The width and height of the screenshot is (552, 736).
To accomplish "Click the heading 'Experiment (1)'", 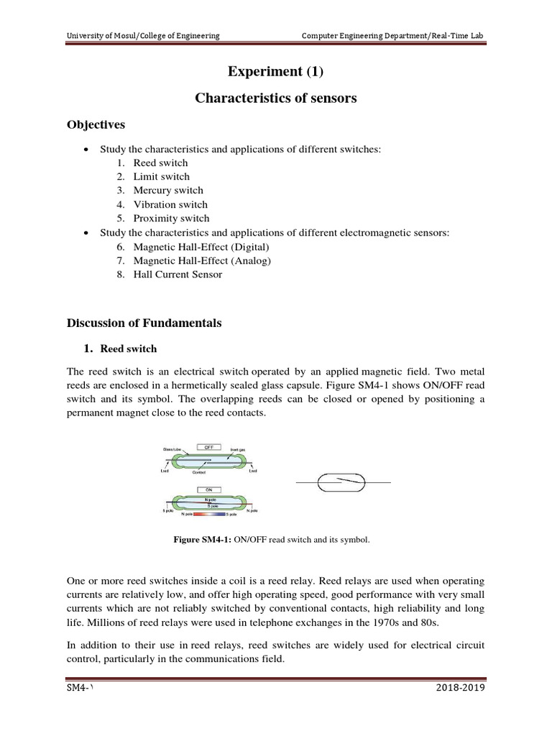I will pyautogui.click(x=275, y=71).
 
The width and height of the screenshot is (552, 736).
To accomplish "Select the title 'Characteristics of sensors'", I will pyautogui.click(x=275, y=98).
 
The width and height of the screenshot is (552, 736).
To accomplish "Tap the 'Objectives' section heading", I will pyautogui.click(x=96, y=125).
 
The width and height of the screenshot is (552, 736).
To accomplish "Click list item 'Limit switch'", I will pyautogui.click(x=161, y=177).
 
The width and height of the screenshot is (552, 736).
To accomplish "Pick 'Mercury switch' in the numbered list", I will pyautogui.click(x=168, y=190).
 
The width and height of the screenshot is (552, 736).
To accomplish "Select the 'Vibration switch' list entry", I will pyautogui.click(x=171, y=204).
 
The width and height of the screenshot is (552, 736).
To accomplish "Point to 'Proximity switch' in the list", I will pyautogui.click(x=171, y=218).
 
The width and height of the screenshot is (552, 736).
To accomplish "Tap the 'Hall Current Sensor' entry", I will pyautogui.click(x=178, y=274).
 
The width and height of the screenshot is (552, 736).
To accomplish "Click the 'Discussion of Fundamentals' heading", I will pyautogui.click(x=144, y=323).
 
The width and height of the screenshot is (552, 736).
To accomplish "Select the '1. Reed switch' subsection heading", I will pyautogui.click(x=121, y=349).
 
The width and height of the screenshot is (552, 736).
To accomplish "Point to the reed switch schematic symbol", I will pyautogui.click(x=344, y=482).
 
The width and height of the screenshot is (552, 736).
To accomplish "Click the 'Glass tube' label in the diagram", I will pyautogui.click(x=170, y=448).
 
